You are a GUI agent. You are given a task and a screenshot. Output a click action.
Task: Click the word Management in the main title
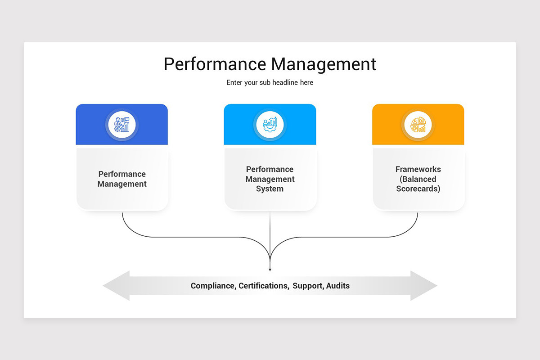pos(323,64)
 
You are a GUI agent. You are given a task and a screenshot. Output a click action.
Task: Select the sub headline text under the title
pos(270,83)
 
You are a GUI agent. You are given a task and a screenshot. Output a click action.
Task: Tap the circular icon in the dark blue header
pos(121,125)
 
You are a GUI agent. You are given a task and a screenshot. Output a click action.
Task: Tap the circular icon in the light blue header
pos(270,125)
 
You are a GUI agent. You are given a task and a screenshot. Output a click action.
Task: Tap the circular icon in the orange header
pos(418,125)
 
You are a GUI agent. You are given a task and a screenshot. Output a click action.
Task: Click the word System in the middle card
pos(270,189)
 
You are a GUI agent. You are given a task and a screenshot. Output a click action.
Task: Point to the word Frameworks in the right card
pos(418,169)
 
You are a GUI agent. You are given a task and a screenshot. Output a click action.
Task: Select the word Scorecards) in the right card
pos(418,189)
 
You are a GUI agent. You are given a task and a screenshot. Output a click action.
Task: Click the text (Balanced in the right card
pos(418,179)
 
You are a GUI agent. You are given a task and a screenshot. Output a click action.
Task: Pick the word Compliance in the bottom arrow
pos(212,286)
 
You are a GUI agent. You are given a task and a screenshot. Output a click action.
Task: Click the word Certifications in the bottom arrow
pos(263,286)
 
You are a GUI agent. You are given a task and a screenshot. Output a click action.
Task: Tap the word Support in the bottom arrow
pos(307,286)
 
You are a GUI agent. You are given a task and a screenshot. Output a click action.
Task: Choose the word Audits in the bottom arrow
pos(338,286)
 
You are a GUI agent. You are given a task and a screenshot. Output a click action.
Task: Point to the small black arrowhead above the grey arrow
pos(270,270)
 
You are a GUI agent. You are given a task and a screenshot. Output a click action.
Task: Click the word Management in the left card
pos(122,184)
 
